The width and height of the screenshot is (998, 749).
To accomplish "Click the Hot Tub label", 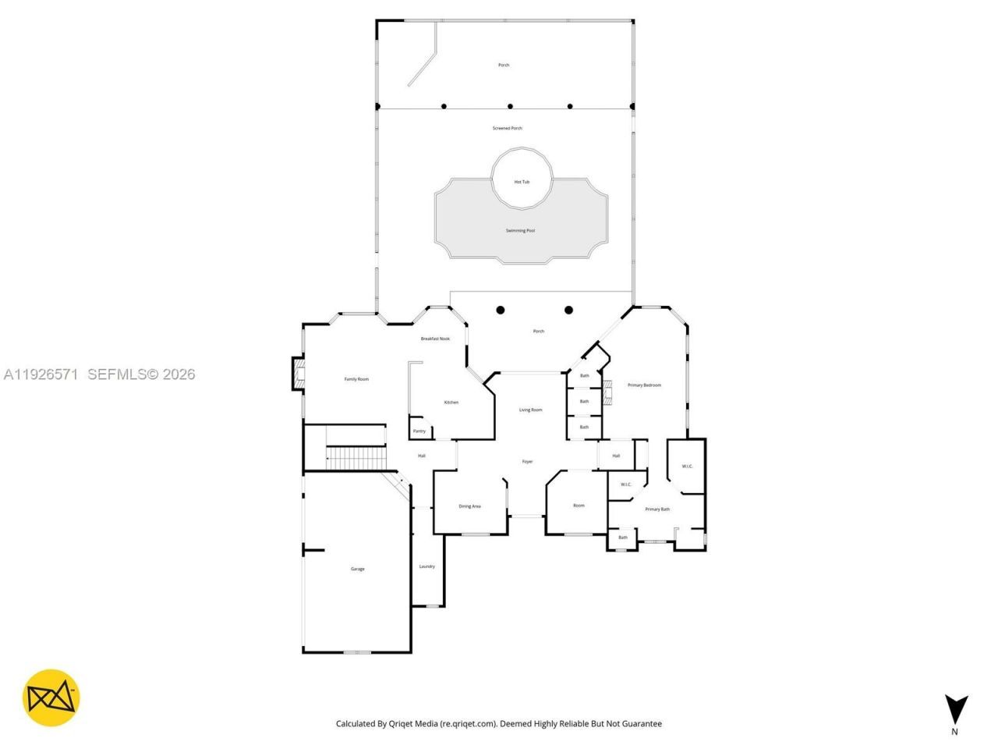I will [x=522, y=182].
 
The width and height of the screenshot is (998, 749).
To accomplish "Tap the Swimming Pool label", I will [x=520, y=231].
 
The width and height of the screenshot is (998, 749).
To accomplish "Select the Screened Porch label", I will [x=507, y=128].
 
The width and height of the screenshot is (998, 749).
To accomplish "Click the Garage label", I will [x=357, y=570].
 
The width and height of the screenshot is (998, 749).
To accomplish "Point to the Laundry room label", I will [x=426, y=566].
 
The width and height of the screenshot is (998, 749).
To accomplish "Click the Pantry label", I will [x=419, y=431].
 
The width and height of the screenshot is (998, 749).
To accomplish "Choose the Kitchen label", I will [x=451, y=403].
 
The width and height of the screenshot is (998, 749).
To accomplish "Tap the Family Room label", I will [x=356, y=379].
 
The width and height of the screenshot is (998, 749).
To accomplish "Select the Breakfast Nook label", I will [x=435, y=339].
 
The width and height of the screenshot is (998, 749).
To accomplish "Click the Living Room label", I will [x=530, y=410].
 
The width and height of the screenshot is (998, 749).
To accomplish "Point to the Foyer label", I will [x=528, y=462].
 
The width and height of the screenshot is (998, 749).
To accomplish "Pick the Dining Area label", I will [x=469, y=506].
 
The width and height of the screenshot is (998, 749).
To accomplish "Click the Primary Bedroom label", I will [x=644, y=385].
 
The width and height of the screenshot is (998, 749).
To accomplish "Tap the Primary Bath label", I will [x=657, y=509].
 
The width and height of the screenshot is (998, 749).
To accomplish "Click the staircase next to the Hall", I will [x=356, y=457].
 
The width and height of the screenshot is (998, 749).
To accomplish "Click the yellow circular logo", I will [x=51, y=698].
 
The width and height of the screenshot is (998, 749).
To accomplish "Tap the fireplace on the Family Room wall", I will [x=298, y=374].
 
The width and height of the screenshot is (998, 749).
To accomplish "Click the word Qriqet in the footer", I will [x=403, y=724].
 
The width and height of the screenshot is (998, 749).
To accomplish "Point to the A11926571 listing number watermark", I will [x=41, y=374].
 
